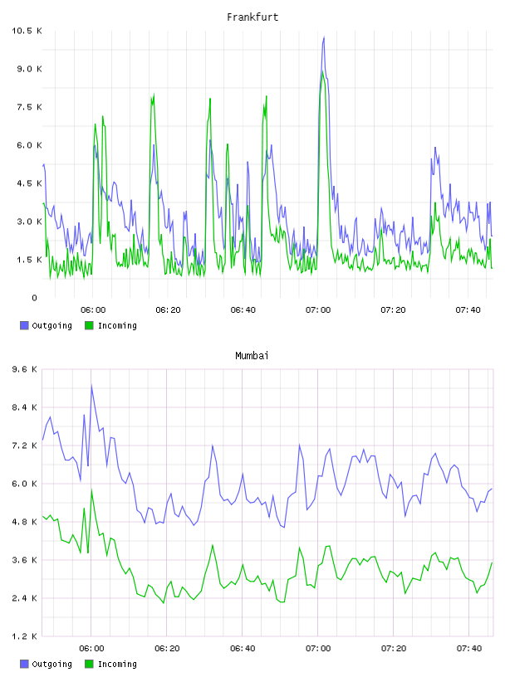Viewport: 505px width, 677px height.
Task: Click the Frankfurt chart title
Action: coord(252,17)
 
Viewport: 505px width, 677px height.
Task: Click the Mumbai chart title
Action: coord(252,355)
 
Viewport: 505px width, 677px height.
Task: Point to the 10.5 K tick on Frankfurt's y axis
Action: coord(27,31)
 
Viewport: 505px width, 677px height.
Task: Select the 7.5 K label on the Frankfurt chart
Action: coord(29,107)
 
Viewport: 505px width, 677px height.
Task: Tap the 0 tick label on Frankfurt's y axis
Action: coord(34,298)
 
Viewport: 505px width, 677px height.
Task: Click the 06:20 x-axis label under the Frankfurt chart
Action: coord(168,309)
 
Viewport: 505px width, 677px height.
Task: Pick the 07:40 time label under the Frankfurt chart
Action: coord(468,309)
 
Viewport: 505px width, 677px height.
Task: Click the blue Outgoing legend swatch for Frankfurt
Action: coord(24,325)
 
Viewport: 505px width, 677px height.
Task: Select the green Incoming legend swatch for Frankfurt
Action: coord(89,325)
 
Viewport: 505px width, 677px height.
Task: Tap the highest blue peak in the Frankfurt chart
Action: coord(323,38)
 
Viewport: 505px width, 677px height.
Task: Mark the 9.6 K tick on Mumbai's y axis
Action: coord(24,369)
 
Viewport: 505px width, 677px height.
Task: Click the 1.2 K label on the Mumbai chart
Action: coord(24,636)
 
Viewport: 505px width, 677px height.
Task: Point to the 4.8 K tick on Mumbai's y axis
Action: coord(24,522)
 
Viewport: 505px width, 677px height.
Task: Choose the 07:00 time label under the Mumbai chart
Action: coord(318,648)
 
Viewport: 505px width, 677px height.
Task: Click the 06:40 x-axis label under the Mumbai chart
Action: coord(243,648)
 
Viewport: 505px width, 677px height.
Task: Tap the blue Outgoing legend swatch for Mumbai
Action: coord(24,664)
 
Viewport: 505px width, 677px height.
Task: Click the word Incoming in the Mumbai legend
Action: coord(117,664)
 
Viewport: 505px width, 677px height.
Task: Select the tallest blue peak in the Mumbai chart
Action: coord(91,385)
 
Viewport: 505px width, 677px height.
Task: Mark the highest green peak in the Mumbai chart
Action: coord(91,490)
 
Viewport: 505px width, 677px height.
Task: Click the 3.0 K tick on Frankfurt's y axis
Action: coord(29,222)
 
